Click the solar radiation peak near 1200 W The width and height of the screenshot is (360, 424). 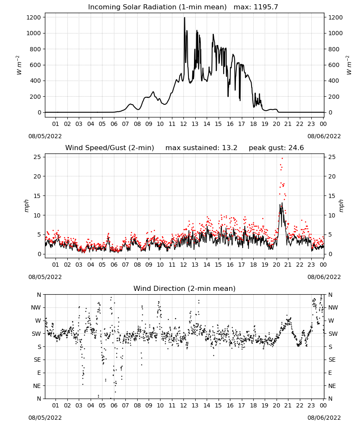coord(185,18)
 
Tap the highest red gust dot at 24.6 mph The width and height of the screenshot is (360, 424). coord(282,159)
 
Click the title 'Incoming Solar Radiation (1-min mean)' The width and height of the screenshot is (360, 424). coord(157,7)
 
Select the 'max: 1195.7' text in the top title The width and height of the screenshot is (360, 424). coord(256,7)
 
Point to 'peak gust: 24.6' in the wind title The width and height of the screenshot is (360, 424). coord(276,148)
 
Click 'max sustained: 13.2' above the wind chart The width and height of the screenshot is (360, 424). coord(201,148)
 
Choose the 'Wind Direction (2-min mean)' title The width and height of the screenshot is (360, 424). coord(185,288)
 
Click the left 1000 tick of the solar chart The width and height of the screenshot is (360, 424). coord(34,33)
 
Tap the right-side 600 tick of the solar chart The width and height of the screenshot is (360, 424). coord(334,65)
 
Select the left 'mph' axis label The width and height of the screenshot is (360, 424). coord(26,206)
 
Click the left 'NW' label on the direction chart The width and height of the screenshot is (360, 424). coord(36,308)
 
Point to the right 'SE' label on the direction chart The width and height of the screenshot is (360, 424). coord(332,360)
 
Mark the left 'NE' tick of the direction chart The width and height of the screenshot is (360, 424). coord(37,386)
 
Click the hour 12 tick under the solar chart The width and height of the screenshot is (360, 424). coord(183,124)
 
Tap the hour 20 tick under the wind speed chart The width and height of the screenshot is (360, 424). coord(276,265)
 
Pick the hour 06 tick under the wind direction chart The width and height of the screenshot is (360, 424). coord(114,405)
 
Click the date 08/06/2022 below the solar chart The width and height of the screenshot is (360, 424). coord(324,136)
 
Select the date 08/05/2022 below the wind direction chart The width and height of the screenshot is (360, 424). coord(45,418)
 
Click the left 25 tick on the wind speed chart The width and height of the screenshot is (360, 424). coord(38,157)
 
